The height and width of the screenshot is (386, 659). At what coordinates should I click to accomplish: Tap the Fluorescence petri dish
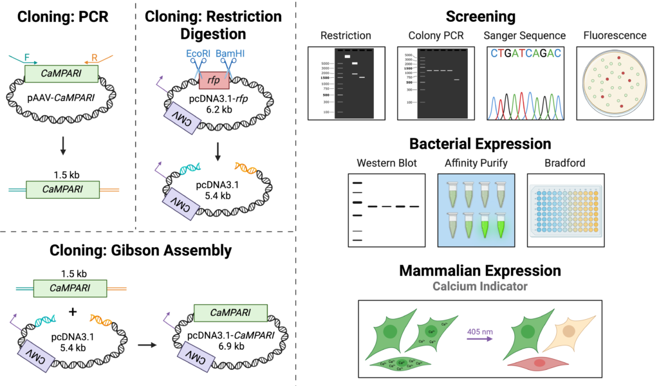pos(614,83)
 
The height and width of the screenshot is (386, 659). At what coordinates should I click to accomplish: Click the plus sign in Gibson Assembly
pos(73,311)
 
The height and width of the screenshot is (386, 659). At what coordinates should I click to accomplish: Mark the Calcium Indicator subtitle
pos(479,286)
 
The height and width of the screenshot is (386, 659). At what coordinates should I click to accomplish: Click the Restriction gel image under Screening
pos(346,83)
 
